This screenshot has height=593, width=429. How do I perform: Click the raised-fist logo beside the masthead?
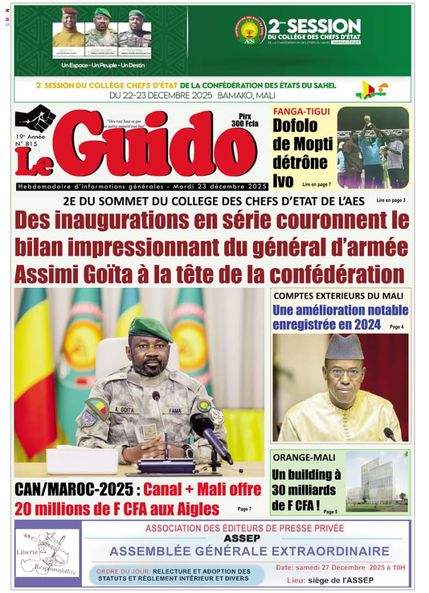tap(36, 118)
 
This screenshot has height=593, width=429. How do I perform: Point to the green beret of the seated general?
tap(150, 328)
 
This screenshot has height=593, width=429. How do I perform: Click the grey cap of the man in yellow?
tap(344, 347)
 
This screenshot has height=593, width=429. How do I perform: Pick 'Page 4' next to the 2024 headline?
tap(397, 327)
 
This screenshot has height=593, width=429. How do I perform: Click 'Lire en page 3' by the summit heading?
tap(391, 200)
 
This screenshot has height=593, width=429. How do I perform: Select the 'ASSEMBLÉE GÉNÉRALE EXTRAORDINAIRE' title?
tap(249, 551)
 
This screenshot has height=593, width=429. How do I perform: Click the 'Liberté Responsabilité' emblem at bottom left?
tap(47, 552)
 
